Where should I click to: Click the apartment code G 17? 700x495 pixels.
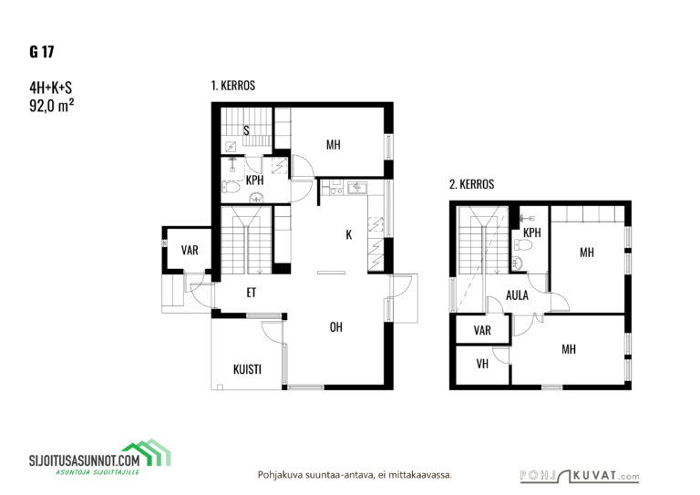tap(42, 52)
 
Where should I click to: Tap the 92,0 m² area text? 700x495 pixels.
tap(51, 106)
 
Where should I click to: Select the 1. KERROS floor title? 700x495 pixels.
tap(233, 86)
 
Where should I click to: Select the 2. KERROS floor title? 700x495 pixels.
tap(471, 184)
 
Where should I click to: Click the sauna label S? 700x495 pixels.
tap(246, 130)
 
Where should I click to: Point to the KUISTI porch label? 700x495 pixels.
tap(247, 369)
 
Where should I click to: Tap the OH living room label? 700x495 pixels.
tap(335, 327)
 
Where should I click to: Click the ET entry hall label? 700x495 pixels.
tap(252, 293)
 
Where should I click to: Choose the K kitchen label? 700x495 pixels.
tap(349, 234)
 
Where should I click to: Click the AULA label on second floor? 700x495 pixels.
tap(517, 295)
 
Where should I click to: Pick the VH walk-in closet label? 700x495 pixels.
tap(482, 364)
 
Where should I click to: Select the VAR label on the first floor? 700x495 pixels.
tap(190, 250)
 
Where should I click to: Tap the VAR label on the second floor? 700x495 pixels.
tap(482, 330)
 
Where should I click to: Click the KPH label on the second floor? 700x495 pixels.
tap(531, 232)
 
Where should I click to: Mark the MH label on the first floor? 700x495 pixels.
tap(333, 145)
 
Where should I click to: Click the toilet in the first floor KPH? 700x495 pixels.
tap(231, 187)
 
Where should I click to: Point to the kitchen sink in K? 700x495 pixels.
tap(357, 188)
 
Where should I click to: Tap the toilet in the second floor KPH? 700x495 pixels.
tap(523, 244)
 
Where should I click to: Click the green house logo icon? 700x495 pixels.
tap(147, 452)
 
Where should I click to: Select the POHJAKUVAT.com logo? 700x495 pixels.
tap(580, 476)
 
